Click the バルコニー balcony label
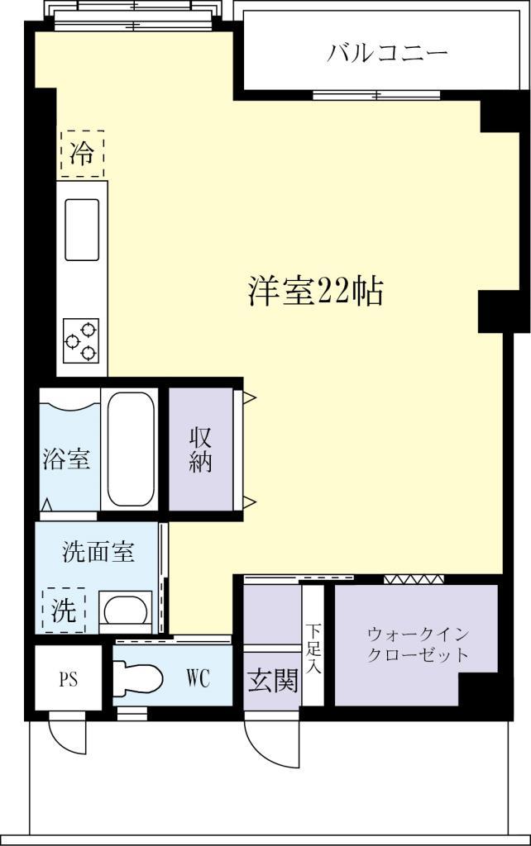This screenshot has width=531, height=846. pyautogui.click(x=387, y=55)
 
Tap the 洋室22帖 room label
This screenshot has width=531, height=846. pyautogui.click(x=315, y=291)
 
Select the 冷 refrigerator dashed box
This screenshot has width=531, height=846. pyautogui.click(x=81, y=153)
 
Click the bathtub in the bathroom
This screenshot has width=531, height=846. pyautogui.click(x=132, y=449)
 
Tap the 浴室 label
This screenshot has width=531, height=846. pyautogui.click(x=66, y=459)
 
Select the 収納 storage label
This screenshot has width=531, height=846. pyautogui.click(x=201, y=449)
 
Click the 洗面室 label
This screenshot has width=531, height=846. pyautogui.click(x=98, y=552)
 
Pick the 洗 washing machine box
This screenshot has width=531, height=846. pyautogui.click(x=64, y=610)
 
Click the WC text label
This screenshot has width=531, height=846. pyautogui.click(x=197, y=679)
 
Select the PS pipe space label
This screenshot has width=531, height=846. pyautogui.click(x=67, y=680)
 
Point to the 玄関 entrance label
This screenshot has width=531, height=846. pyautogui.click(x=272, y=681)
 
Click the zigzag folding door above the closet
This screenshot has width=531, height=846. pyautogui.click(x=414, y=578)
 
